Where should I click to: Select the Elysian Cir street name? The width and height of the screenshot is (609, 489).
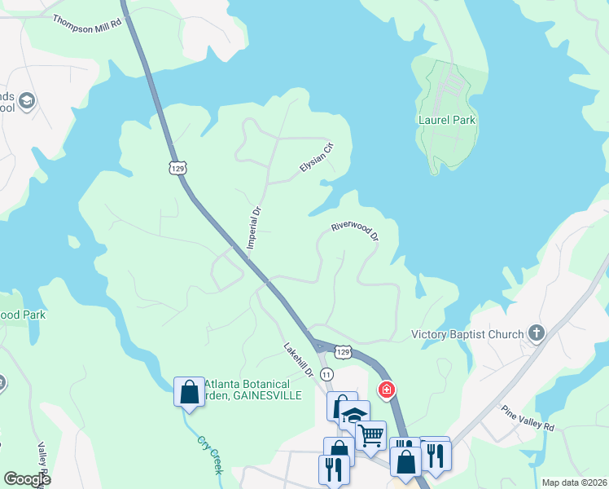[317, 156]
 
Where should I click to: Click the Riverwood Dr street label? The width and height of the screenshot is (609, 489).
[356, 230]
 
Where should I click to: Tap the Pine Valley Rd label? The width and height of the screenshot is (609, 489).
[527, 418]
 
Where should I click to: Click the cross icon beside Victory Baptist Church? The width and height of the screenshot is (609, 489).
[536, 333]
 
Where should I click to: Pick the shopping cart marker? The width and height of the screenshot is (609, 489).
[371, 436]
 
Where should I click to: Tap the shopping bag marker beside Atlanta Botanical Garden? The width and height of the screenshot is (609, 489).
[189, 391]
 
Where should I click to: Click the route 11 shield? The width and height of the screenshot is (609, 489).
[327, 373]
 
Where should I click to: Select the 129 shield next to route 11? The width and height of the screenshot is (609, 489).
[344, 352]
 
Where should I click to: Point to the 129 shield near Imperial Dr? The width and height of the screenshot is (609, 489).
[178, 168]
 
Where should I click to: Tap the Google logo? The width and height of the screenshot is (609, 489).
[27, 479]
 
